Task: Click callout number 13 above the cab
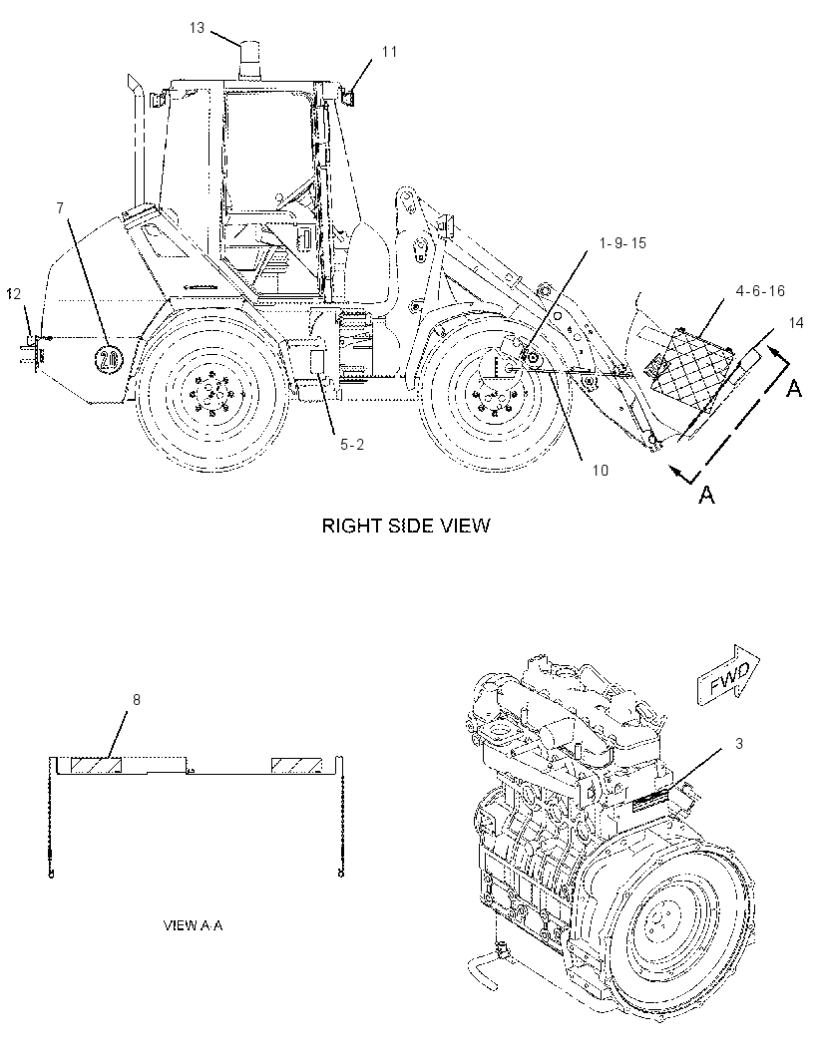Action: [197, 28]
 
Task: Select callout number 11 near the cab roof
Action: [389, 52]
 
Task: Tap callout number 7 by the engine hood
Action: [60, 208]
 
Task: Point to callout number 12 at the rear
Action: [14, 293]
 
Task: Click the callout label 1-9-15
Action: [622, 242]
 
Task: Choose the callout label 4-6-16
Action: [760, 291]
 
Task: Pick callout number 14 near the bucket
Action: [796, 323]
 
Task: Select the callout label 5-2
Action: [352, 445]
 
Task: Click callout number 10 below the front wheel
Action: [600, 470]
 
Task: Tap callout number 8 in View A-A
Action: [137, 700]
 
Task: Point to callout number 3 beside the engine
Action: [739, 744]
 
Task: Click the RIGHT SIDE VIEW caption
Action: [405, 526]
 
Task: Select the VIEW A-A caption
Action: [194, 925]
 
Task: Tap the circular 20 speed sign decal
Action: [107, 359]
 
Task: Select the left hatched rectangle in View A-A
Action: [96, 766]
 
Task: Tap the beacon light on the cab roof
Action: [250, 61]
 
